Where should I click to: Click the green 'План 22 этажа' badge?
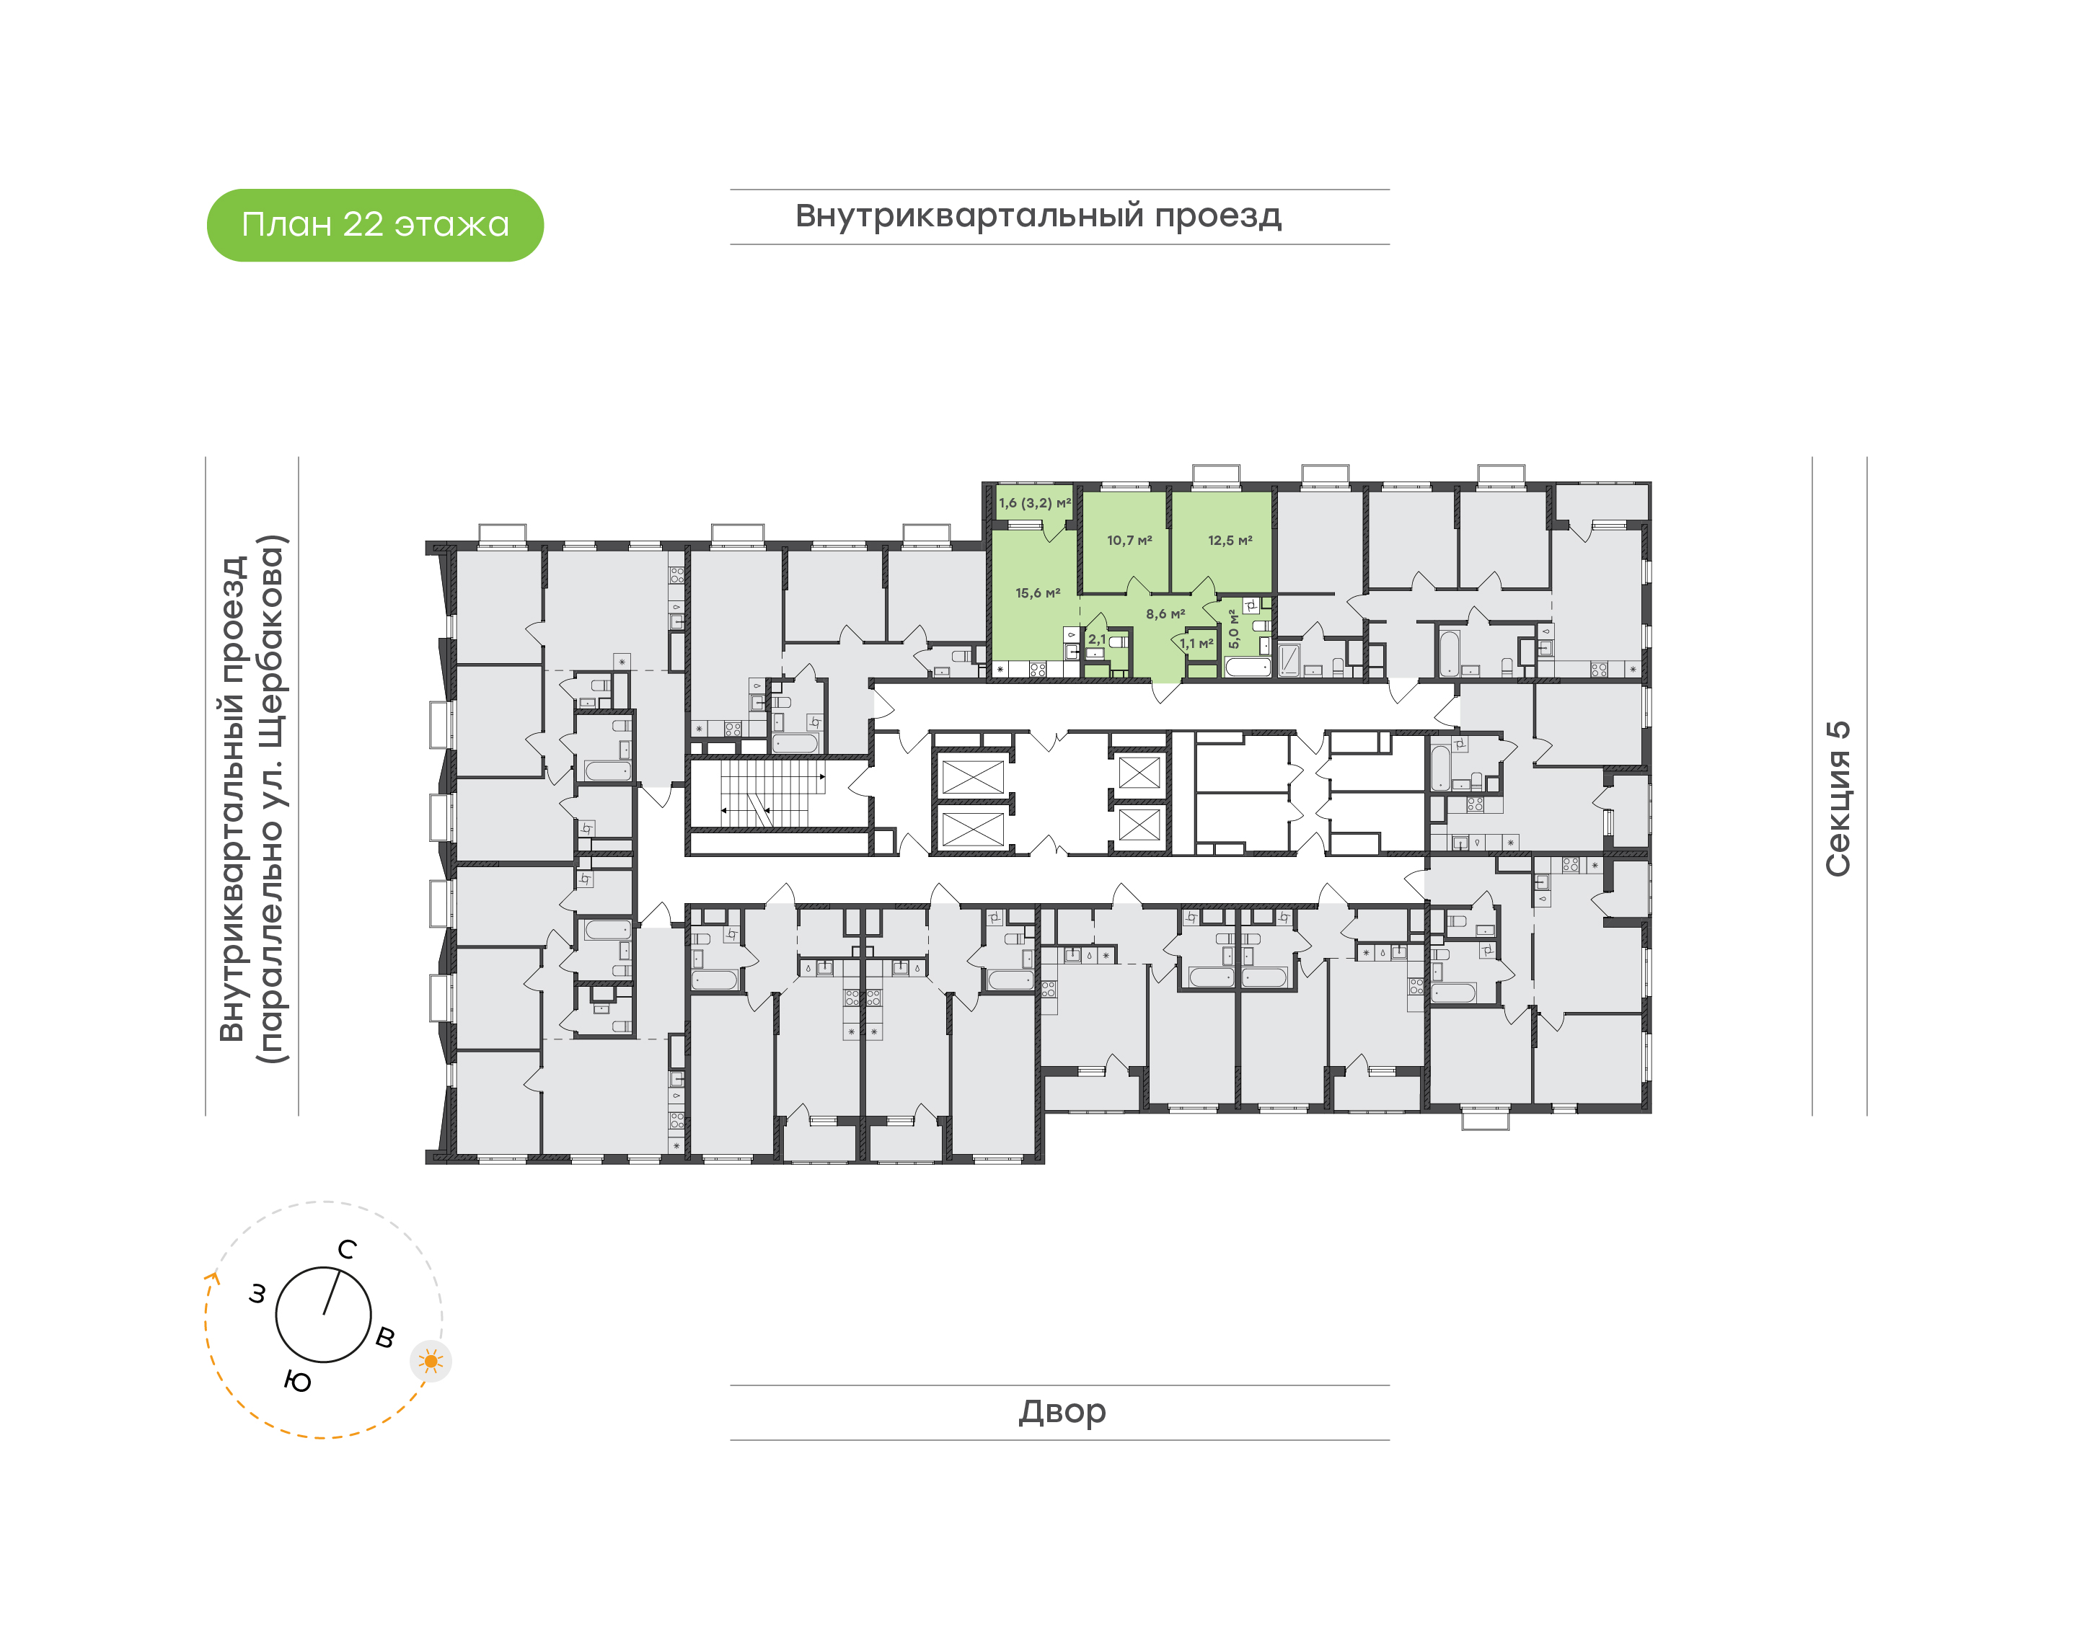[x=375, y=225]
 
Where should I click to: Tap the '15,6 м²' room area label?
[x=1037, y=593]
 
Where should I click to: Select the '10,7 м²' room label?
[x=1129, y=541]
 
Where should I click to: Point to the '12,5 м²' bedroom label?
[x=1230, y=541]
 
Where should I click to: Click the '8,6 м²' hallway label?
[x=1165, y=614]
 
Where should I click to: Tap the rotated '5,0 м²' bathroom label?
[x=1234, y=629]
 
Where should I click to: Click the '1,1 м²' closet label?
[x=1196, y=644]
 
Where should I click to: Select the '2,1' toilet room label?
[x=1097, y=640]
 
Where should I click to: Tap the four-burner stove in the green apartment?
[x=1038, y=670]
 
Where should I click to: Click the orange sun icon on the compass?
[x=431, y=1361]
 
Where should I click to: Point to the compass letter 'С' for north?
[x=348, y=1249]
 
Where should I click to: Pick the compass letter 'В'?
[x=385, y=1337]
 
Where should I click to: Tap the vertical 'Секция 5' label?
[x=1838, y=799]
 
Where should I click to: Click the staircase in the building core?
[x=773, y=794]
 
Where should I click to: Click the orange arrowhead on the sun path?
[x=212, y=1279]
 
